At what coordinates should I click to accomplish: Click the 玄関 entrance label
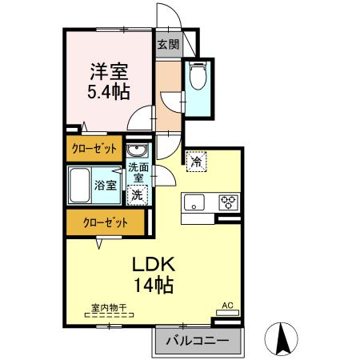pos(168,45)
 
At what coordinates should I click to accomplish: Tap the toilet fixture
pos(197,78)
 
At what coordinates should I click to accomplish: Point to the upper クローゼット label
pos(94,149)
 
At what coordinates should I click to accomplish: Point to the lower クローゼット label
pos(98,224)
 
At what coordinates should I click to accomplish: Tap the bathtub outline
pos(79,185)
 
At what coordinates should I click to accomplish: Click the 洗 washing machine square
pos(137,194)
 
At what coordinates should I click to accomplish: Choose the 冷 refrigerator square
pos(196,161)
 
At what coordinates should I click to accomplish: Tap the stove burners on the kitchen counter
pos(228,202)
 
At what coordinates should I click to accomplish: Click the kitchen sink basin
pos(194,202)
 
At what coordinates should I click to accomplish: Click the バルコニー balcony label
pos(197,341)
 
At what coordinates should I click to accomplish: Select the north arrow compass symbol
pos(283,338)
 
